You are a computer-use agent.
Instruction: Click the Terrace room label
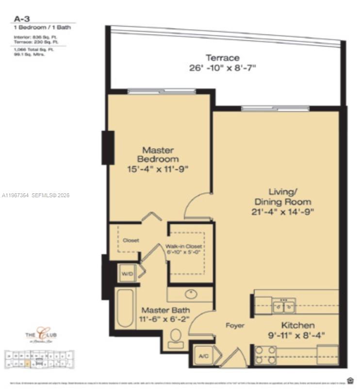[x=223, y=58]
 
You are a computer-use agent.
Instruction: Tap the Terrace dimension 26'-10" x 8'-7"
[x=223, y=68]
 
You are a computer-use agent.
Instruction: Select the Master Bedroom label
[x=158, y=154]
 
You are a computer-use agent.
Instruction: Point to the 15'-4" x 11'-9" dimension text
[x=158, y=169]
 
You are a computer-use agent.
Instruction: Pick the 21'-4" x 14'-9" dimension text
[x=283, y=211]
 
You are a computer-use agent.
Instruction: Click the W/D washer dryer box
[x=127, y=274]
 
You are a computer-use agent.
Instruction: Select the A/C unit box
[x=203, y=356]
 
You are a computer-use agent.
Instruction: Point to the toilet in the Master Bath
[x=176, y=338]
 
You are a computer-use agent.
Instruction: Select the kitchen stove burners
[x=265, y=355]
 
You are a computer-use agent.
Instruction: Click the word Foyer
[x=235, y=325]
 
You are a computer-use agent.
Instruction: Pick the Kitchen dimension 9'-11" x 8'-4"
[x=298, y=335]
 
